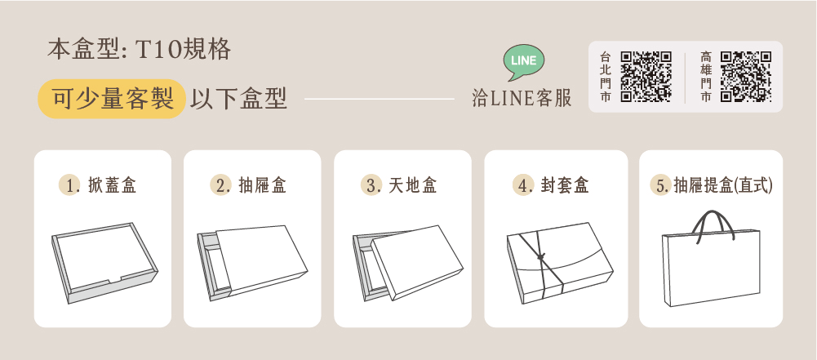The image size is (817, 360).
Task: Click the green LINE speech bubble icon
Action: pos(524,62)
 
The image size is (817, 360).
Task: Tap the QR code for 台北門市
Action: pos(646,76)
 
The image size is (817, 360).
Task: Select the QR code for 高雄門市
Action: pos(746,76)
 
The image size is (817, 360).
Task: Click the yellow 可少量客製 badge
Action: pos(112,99)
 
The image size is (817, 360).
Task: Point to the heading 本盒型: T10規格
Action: pos(139,50)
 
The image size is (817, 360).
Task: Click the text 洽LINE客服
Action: pos(522,98)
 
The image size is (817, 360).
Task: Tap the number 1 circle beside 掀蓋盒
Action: pos(69,185)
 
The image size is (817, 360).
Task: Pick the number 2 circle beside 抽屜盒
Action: pos(220,185)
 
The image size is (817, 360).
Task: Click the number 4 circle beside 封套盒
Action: pos(522,185)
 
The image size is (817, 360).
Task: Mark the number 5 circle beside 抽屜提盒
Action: pos(660,185)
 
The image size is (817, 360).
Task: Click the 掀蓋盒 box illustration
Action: pos(104,263)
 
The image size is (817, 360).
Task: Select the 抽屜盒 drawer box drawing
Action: pos(252,263)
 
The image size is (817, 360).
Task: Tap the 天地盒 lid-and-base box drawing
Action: pos(408,263)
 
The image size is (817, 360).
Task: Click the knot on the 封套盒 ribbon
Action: pos(542,257)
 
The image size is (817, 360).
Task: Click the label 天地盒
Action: pos(412,185)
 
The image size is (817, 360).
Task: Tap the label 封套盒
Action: pos(564,185)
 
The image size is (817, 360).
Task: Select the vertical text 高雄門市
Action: pos(706,77)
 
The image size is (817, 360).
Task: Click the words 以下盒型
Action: pos(238,99)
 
